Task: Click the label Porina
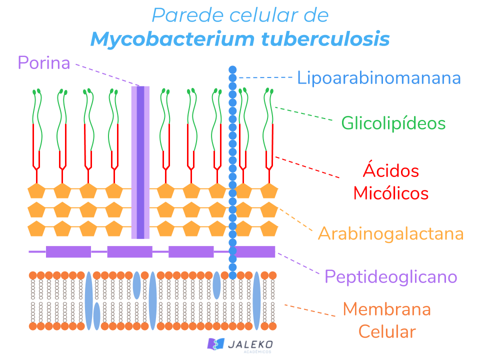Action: [x=43, y=63]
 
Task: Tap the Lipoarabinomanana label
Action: [x=378, y=78]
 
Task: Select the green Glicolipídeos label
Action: [x=393, y=123]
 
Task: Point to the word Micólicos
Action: [x=390, y=193]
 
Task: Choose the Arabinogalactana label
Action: [x=390, y=233]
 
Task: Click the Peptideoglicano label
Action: [x=390, y=276]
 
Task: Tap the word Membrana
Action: [x=386, y=309]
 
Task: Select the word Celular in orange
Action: [x=386, y=331]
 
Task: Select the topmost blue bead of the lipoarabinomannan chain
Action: [x=232, y=69]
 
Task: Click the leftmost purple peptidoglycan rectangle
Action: [x=68, y=251]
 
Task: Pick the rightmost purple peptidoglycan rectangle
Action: [x=255, y=251]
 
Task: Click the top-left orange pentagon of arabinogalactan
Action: [x=36, y=190]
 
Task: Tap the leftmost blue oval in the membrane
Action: [x=88, y=300]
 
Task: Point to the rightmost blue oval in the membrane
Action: [x=256, y=300]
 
